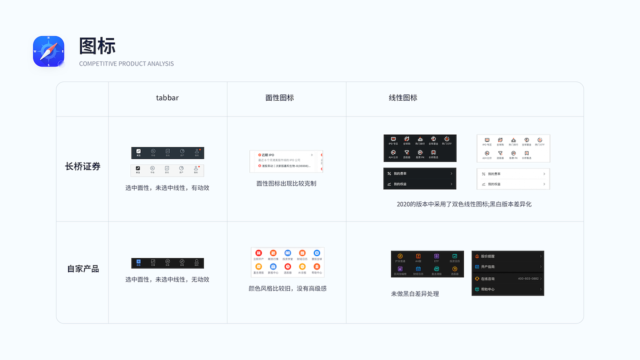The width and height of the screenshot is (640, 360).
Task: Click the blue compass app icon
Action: pos(48,51)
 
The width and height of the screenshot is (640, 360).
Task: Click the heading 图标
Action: pos(97,45)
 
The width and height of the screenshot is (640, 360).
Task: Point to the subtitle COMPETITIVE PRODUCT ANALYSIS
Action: pos(126,63)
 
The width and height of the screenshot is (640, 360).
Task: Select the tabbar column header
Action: pos(167,98)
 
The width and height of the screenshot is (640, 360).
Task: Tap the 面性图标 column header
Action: pos(279,98)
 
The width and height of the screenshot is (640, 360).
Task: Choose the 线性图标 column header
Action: pos(403,98)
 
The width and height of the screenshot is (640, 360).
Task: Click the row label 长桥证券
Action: pos(82,166)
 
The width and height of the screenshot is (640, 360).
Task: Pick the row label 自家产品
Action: pos(83,268)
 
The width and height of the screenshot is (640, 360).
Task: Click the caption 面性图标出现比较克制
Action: pos(286,183)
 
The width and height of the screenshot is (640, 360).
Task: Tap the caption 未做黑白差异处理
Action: pos(414,294)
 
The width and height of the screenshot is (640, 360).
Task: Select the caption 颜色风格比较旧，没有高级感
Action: pos(287,288)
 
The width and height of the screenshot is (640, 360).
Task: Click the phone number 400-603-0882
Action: pos(528,279)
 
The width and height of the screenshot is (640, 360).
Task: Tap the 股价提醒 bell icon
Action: pos(477,256)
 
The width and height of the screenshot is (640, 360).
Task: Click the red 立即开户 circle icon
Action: pos(258,253)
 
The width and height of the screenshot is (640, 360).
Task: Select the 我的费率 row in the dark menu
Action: pos(419,173)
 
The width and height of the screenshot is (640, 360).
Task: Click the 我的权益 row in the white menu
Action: pos(513,184)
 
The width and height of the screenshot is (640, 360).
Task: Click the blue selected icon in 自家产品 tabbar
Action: pos(138,261)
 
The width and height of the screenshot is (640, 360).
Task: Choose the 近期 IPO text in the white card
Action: pos(268,155)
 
